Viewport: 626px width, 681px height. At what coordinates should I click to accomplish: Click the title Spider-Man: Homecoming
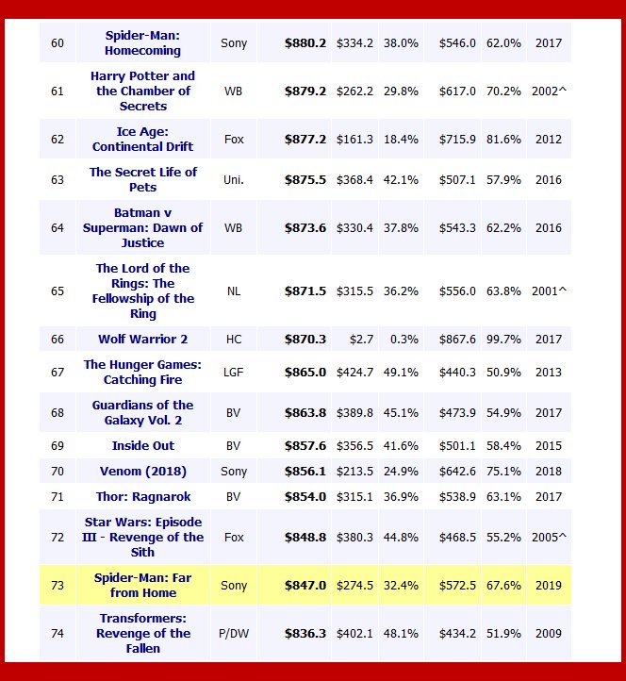[x=143, y=42]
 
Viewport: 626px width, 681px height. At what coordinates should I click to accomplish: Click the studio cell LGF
[x=234, y=373]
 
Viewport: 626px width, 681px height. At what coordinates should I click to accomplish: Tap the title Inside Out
[x=143, y=446]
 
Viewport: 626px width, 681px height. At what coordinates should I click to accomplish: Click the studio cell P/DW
[x=234, y=634]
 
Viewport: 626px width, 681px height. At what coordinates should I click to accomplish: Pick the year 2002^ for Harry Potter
[x=550, y=91]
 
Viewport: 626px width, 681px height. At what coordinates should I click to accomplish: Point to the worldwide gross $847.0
[x=305, y=586]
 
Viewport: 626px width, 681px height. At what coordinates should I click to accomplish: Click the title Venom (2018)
[x=143, y=472]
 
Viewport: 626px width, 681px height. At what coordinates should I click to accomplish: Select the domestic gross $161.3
[x=355, y=140]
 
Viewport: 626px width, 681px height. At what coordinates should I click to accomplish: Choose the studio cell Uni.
[x=234, y=180]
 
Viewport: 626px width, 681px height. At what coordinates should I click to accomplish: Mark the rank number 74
[x=58, y=634]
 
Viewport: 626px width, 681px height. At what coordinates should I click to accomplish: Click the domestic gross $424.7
[x=355, y=373]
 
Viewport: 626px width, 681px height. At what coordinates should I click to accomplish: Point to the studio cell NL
[x=234, y=291]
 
